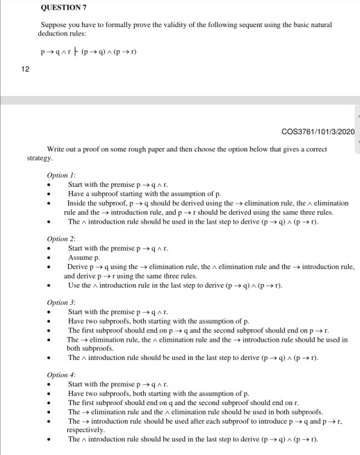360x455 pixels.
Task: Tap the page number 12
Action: pos(23,68)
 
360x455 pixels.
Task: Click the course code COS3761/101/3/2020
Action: pos(316,132)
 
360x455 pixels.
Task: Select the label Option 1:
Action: pos(61,176)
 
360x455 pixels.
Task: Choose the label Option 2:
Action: pos(61,239)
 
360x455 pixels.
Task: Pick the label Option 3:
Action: pos(61,303)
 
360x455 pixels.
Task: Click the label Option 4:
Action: pos(61,375)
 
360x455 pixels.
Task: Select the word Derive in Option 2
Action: pos(79,267)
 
